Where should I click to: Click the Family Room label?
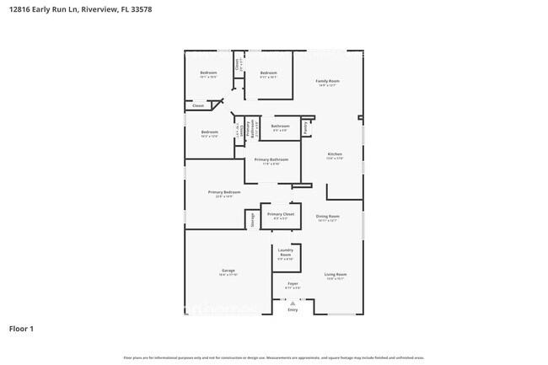326,81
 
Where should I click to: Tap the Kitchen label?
334,154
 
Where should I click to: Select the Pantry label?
304,126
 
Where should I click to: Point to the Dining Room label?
328,216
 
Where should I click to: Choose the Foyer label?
293,284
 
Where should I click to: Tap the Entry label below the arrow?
293,310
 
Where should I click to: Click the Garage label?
228,271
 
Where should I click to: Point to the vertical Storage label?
251,219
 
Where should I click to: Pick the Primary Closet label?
281,215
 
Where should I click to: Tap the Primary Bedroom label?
224,192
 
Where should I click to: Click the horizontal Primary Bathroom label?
271,159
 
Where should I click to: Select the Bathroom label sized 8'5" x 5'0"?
280,126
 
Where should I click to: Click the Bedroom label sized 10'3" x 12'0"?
210,132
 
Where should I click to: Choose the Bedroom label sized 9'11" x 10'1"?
269,73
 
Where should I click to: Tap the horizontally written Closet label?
198,106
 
